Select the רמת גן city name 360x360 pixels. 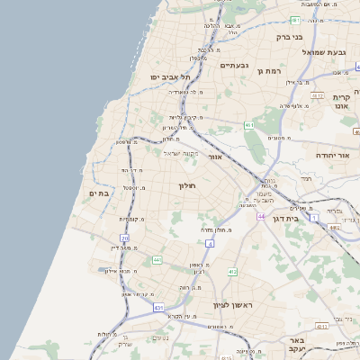click(269, 70)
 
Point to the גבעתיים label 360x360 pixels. click(233, 66)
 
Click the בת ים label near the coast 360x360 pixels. click(99, 193)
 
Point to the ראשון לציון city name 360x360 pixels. click(233, 306)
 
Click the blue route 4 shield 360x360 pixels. click(210, 243)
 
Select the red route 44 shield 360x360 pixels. click(261, 217)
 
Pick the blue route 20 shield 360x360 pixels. click(125, 238)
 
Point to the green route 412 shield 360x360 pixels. click(232, 271)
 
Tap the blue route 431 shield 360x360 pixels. click(158, 308)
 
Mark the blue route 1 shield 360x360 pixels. click(313, 217)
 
